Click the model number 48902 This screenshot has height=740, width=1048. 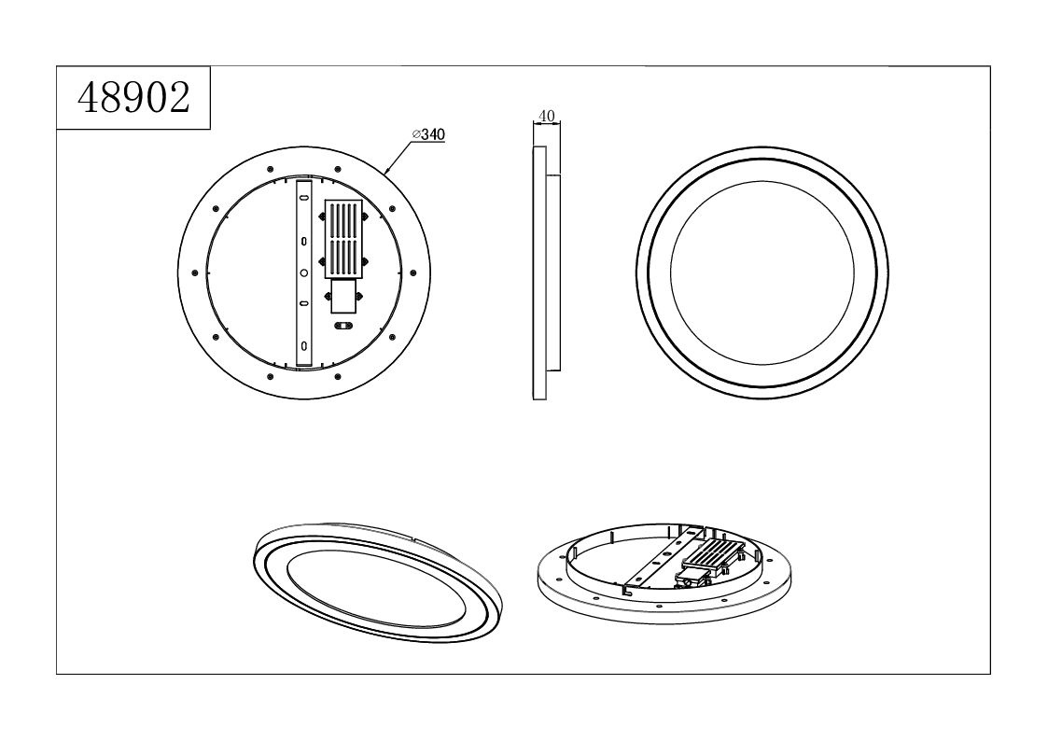133,98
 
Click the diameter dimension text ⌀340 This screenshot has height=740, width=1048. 428,134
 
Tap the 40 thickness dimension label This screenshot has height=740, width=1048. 546,116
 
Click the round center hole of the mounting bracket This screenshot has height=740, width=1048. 303,272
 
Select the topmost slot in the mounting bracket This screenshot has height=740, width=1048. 303,199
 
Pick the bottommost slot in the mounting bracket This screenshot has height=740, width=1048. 303,345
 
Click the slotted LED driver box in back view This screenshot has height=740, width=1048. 342,239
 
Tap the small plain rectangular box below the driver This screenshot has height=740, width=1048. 343,296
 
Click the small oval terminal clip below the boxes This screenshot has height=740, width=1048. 342,326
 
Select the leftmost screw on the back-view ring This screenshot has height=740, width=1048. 194,272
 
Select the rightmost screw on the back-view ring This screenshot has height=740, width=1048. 412,272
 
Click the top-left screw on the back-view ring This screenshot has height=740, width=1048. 216,209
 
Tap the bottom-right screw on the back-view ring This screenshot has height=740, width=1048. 392,337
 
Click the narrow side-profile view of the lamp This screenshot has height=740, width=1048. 545,272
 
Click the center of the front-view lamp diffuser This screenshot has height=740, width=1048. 762,272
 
